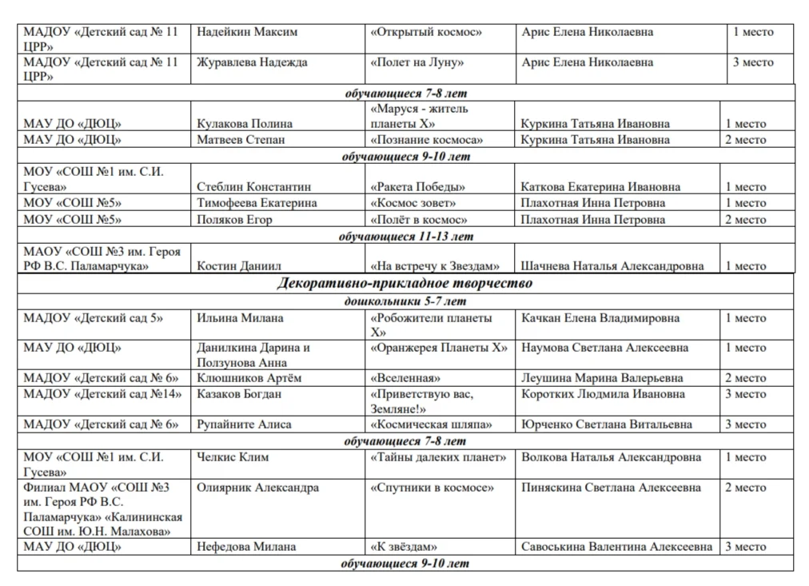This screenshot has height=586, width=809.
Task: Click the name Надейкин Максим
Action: point(247,32)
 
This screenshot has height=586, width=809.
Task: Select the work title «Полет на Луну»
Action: point(417,62)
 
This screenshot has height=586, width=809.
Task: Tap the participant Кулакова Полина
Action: point(245,124)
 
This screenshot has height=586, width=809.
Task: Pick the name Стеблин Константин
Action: point(254,187)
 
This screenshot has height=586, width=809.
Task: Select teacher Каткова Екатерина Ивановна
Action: point(600,187)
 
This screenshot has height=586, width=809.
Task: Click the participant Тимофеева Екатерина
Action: point(257,203)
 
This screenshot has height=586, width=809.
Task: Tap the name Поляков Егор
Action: point(234,220)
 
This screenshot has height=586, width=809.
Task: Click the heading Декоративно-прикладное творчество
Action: point(404,283)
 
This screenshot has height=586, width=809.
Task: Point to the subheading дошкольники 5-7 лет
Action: point(404,301)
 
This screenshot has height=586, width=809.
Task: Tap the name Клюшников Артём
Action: point(249,378)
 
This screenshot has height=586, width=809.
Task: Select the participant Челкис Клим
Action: point(233,457)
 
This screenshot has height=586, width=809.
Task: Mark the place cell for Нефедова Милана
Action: point(745,547)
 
